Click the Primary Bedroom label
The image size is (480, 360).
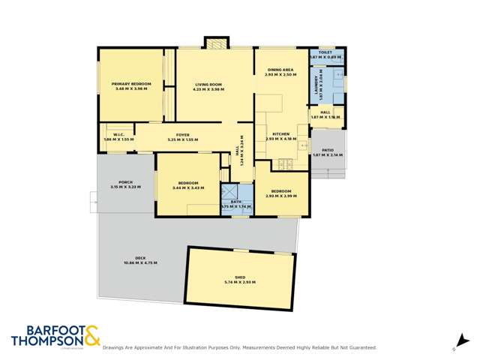pos(132,83)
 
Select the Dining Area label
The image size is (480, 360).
pos(279,70)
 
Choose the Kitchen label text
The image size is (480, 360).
pos(280,133)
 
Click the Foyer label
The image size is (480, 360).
pos(183,135)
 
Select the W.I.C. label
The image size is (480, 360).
pos(118,135)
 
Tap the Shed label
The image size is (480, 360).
pos(240,277)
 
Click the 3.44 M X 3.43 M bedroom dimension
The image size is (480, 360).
pos(188,187)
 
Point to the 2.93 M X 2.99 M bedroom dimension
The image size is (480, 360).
pos(281,195)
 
